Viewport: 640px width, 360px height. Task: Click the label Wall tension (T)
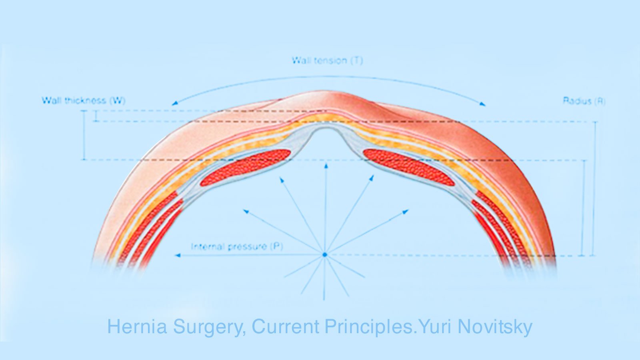pyautogui.click(x=327, y=61)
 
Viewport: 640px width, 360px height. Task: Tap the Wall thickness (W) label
pyautogui.click(x=84, y=100)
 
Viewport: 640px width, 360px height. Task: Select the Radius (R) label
pyautogui.click(x=584, y=101)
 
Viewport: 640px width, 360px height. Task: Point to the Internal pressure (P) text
pyautogui.click(x=237, y=246)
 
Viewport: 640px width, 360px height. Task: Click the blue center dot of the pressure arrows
pyautogui.click(x=325, y=254)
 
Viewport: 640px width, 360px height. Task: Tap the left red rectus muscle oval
pyautogui.click(x=245, y=167)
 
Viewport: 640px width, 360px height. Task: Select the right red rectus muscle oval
pyautogui.click(x=409, y=167)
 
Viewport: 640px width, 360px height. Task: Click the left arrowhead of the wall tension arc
pyautogui.click(x=174, y=104)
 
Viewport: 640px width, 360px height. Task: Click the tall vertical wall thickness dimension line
pyautogui.click(x=84, y=135)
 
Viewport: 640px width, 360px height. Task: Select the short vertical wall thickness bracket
pyautogui.click(x=95, y=116)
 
